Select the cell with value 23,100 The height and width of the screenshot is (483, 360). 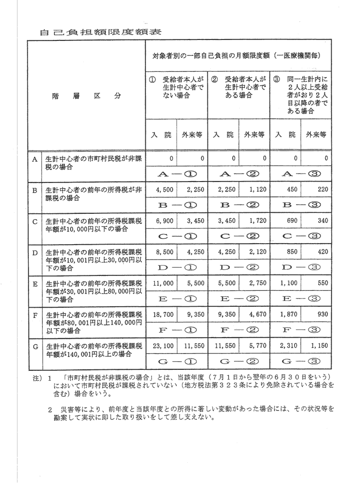[x=161, y=346]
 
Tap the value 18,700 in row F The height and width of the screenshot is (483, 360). [x=161, y=313]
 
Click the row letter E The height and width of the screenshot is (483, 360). [x=35, y=284]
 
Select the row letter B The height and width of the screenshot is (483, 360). [x=35, y=190]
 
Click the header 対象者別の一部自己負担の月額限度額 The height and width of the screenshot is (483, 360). [x=236, y=56]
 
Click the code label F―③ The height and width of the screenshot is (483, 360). [x=301, y=330]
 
